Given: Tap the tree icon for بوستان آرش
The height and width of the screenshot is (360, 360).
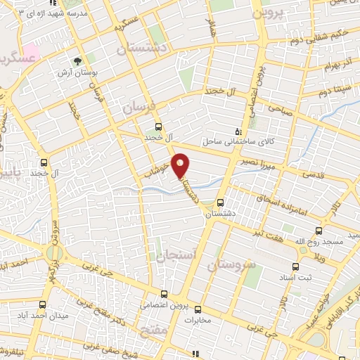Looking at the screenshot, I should [77, 60].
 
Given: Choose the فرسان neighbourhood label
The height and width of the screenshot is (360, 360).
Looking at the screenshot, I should [136, 106].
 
